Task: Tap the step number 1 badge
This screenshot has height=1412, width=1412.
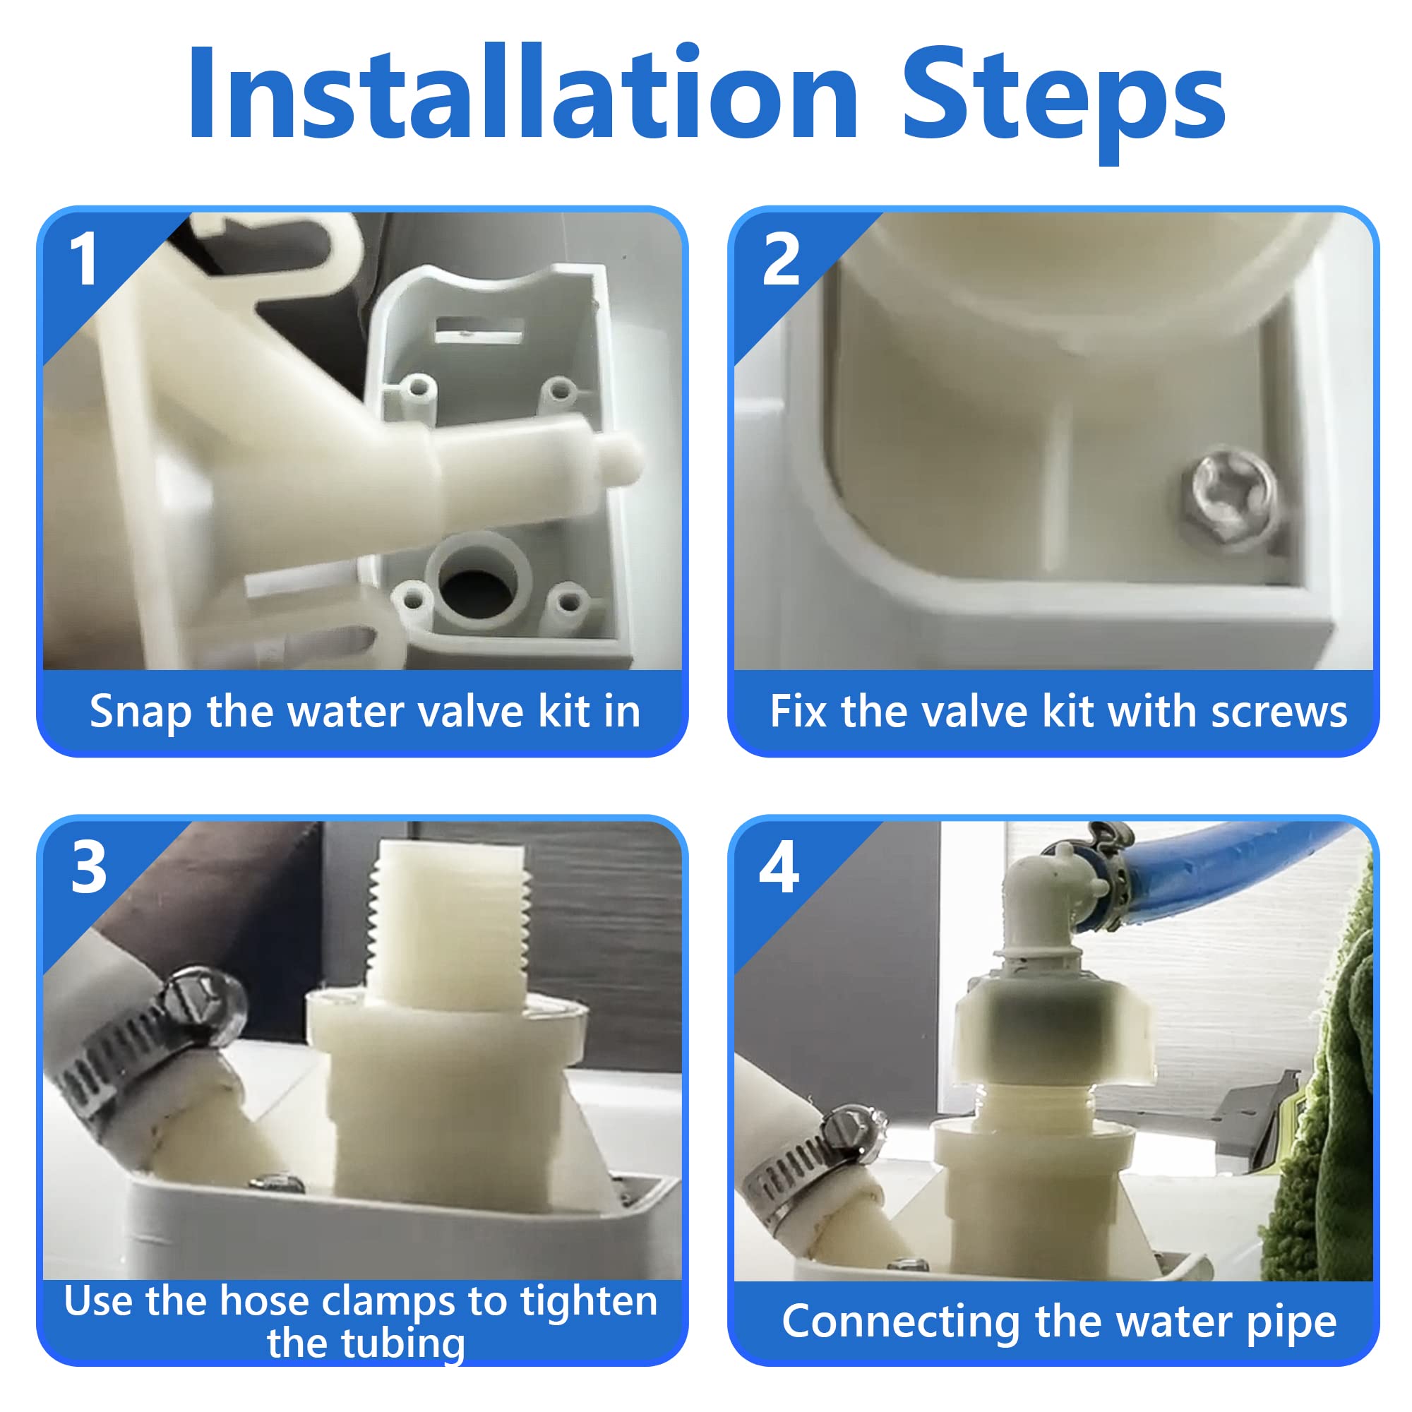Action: (x=83, y=259)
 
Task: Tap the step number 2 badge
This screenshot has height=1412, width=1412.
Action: (x=780, y=259)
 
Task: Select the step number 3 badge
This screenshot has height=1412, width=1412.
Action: (x=88, y=868)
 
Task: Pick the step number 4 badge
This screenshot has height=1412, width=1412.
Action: (x=779, y=868)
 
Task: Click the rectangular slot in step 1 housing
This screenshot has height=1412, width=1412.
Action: (x=479, y=330)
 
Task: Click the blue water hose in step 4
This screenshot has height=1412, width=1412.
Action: (x=1235, y=873)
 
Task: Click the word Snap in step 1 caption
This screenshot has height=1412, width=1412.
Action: (x=140, y=712)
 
